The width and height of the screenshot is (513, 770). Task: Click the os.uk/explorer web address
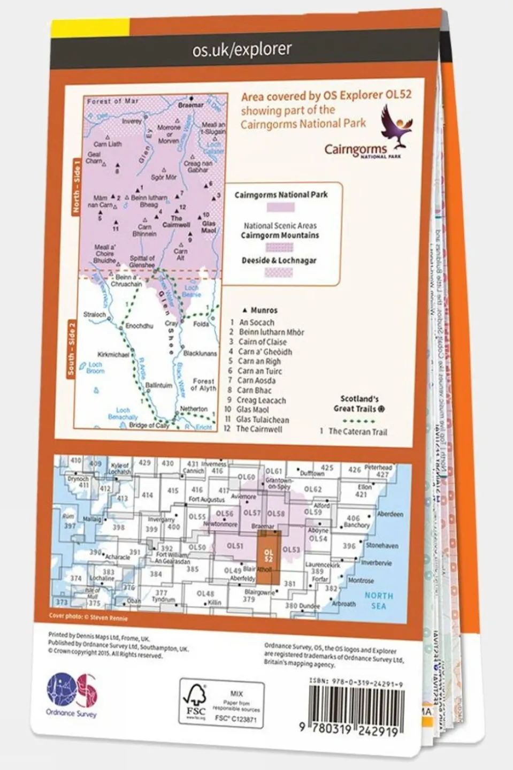242,50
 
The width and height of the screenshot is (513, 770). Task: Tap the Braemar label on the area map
190,105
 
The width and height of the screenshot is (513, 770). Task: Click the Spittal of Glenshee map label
142,261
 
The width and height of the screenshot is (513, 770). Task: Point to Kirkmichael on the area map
113,354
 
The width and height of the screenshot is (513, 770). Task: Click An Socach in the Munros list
256,322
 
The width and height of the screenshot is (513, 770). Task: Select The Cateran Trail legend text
357,431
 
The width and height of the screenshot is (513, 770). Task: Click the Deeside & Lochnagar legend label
279,261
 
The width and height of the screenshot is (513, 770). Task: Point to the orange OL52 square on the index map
269,556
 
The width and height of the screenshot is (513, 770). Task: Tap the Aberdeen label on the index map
389,514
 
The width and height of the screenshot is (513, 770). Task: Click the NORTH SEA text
378,600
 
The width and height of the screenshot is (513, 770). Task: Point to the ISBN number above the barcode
356,683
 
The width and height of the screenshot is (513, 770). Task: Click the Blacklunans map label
200,354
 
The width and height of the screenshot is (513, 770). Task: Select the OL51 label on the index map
235,546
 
